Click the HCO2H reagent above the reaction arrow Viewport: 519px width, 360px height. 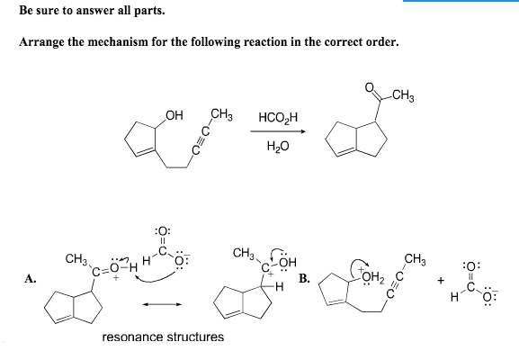(x=274, y=117)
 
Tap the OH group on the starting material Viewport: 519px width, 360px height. (x=175, y=114)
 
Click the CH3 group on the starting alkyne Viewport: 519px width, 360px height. (x=221, y=115)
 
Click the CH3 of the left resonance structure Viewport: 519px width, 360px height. (x=76, y=260)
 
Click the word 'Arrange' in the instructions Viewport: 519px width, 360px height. (x=40, y=42)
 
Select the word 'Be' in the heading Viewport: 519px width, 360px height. (x=24, y=12)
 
